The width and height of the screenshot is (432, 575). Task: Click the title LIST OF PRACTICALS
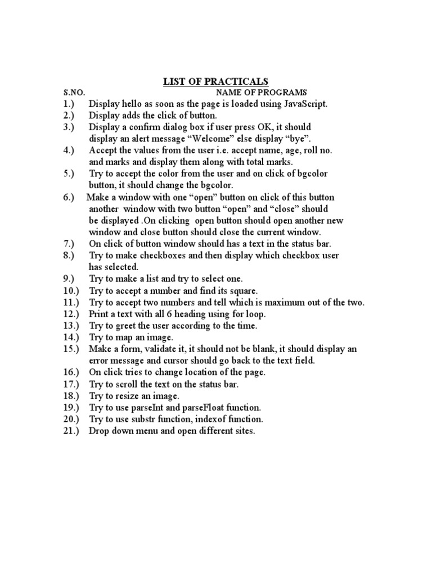pos(216,82)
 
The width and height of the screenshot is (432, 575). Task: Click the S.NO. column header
pos(74,93)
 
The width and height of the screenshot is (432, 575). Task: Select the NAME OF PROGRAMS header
pos(261,93)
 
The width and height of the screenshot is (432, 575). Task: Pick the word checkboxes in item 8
pos(155,255)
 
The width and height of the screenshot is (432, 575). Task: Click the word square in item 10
pos(242,290)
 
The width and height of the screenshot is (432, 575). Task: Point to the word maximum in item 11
pos(279,302)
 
